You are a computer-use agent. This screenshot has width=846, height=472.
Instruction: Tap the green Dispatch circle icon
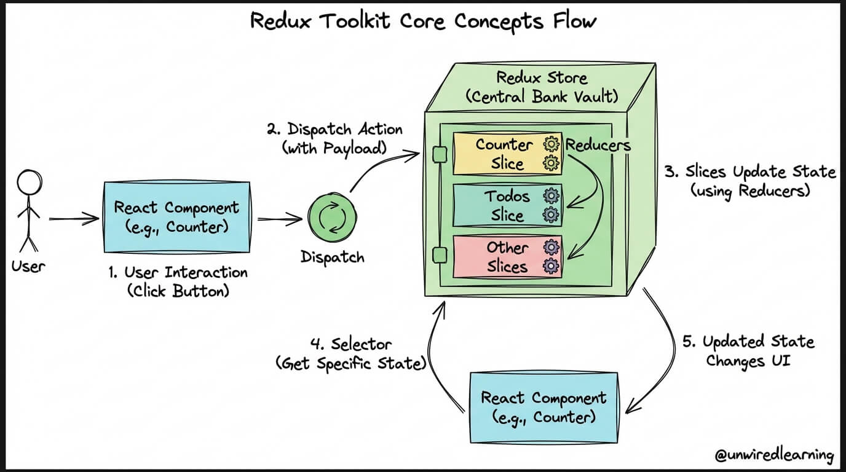(x=332, y=219)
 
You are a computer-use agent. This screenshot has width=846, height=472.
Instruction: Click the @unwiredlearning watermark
(x=774, y=455)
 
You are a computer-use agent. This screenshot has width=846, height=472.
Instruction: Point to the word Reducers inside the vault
(x=598, y=145)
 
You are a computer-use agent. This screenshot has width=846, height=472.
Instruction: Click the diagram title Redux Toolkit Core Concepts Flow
(x=424, y=22)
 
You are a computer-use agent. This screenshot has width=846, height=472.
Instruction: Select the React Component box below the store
(x=543, y=407)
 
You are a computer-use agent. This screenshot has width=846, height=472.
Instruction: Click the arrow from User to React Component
(x=74, y=218)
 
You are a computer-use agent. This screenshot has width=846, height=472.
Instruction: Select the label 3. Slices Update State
(x=750, y=181)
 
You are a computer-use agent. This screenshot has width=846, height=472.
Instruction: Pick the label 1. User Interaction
(x=178, y=281)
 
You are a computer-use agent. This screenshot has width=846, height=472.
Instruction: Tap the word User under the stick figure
(x=28, y=267)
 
